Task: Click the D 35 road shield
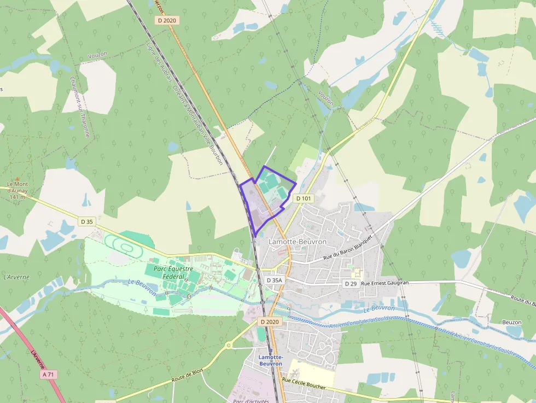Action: click(x=86, y=221)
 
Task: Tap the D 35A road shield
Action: click(x=274, y=280)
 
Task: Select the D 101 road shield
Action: click(x=303, y=198)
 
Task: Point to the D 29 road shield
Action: click(x=351, y=284)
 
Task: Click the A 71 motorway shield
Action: click(x=49, y=375)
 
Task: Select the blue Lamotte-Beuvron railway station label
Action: click(x=270, y=360)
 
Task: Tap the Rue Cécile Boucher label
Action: click(x=304, y=383)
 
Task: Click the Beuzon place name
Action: click(x=511, y=323)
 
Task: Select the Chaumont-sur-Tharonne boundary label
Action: click(x=80, y=107)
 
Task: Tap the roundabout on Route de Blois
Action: click(x=228, y=345)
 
